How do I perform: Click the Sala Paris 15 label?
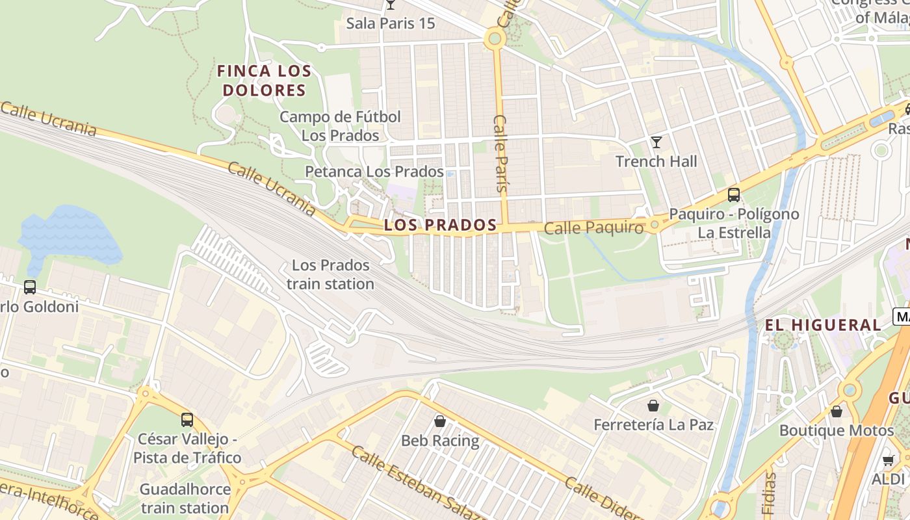click(390, 23)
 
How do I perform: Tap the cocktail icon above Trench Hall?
click(656, 142)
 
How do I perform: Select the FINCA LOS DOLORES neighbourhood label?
click(264, 81)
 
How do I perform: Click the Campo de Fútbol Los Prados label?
click(340, 126)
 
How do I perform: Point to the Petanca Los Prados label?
click(374, 172)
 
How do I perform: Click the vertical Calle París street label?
click(500, 153)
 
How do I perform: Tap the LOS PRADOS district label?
click(440, 226)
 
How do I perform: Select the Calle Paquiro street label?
click(593, 228)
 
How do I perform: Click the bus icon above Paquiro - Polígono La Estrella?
click(734, 194)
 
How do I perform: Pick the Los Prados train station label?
click(330, 274)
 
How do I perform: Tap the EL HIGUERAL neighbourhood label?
click(822, 325)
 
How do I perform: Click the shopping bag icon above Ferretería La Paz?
click(653, 406)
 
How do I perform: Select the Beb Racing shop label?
click(440, 441)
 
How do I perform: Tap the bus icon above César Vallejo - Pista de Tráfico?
click(187, 419)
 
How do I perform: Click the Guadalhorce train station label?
click(185, 499)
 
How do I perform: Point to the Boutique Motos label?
click(837, 430)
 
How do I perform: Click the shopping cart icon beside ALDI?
click(888, 460)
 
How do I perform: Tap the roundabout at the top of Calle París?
click(495, 39)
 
